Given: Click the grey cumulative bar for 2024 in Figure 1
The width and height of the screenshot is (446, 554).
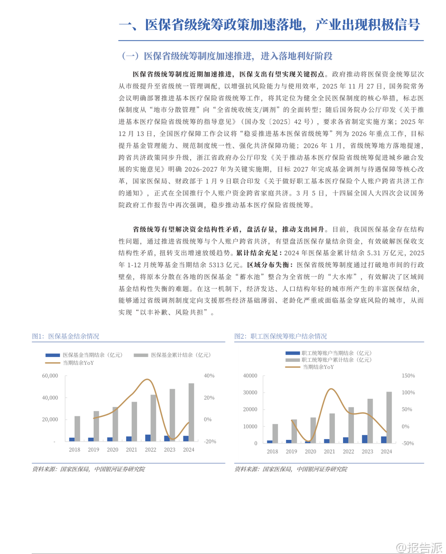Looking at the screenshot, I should coord(191,412).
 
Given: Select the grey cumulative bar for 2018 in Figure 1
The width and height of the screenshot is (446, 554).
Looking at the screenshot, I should coord(77,429).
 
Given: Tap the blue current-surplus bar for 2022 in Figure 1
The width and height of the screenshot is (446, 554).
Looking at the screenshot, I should coord(148,438).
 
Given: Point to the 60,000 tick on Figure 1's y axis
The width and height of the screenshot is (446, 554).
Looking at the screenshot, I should coord(50,376).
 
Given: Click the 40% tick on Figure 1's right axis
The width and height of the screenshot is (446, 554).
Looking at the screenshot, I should coord(209,376).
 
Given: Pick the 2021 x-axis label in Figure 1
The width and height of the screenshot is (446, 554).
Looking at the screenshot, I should coord(132,449).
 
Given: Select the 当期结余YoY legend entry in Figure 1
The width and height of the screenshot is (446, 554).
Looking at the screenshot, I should coord(78,363).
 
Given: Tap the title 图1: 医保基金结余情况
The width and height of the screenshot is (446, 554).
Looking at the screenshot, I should coord(66,336).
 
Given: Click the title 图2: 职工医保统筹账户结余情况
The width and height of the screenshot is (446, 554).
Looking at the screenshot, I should coord(280,336).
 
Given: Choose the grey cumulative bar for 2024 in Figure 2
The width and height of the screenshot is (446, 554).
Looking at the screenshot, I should coord(389,417).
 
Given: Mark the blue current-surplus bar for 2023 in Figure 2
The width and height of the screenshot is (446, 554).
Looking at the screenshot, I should coord(364,439).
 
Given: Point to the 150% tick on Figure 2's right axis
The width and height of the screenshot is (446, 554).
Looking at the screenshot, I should coord(408,376).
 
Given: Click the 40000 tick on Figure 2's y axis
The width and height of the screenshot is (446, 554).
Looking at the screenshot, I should coord(250,376).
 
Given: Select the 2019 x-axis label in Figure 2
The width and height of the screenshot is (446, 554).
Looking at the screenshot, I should coord(291,452).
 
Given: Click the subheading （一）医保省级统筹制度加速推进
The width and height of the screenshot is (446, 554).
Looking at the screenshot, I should coord(227,56).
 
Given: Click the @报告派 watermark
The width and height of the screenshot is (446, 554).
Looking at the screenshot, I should coord(420,547).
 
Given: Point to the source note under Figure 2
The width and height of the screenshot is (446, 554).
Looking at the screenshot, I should coord(291,469).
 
